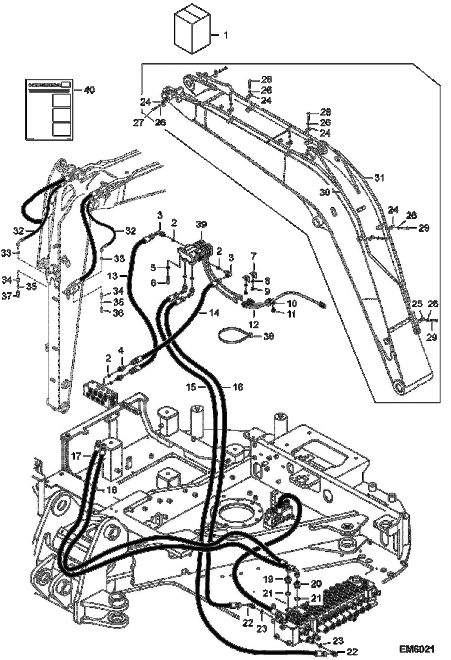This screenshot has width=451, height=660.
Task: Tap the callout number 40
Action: pyautogui.click(x=89, y=90)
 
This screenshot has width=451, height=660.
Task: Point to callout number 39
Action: pyautogui.click(x=201, y=225)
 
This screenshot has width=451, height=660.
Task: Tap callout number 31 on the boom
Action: pyautogui.click(x=379, y=178)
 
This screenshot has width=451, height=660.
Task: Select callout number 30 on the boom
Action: pyautogui.click(x=325, y=192)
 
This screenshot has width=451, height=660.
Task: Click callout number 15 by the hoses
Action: pyautogui.click(x=191, y=387)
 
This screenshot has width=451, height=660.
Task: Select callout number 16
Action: pyautogui.click(x=238, y=387)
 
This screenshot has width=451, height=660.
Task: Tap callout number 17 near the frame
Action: pyautogui.click(x=76, y=456)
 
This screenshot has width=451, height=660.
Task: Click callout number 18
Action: pyautogui.click(x=112, y=490)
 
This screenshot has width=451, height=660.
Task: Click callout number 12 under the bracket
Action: pyautogui.click(x=254, y=324)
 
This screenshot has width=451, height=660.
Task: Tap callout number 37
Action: pyautogui.click(x=7, y=296)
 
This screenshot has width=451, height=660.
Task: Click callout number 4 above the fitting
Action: pyautogui.click(x=121, y=350)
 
